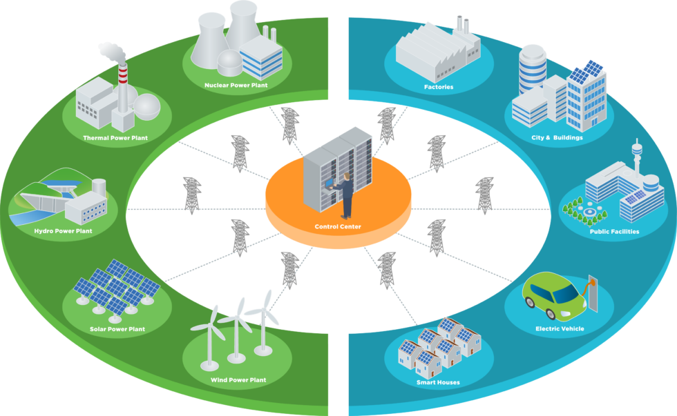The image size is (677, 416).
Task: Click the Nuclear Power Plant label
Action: tap(236, 86)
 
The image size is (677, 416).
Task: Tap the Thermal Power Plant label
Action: tap(115, 138)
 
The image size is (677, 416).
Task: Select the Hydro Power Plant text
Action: tap(63, 231)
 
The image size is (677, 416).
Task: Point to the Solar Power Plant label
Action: tap(117, 329)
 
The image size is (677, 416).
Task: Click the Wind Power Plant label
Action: tap(238, 380)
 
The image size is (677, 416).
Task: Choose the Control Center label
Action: tap(338, 226)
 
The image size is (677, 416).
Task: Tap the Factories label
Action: tap(439, 87)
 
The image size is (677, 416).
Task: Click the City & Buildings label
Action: tap(557, 138)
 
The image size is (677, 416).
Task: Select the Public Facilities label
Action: tap(614, 232)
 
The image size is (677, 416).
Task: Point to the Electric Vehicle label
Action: tap(560, 329)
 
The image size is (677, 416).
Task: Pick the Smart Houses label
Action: tap(438, 382)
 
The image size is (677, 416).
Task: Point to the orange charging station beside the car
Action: tap(590, 290)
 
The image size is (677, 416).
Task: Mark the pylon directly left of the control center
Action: tap(192, 195)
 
